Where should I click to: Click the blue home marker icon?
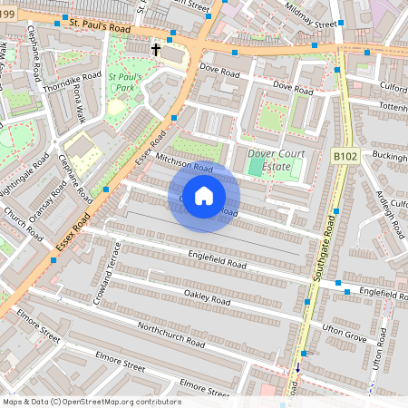[204, 196]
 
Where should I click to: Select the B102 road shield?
[345, 156]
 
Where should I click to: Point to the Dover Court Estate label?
[276, 160]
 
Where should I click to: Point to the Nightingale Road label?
[30, 172]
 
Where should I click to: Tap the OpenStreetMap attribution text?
[91, 402]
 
